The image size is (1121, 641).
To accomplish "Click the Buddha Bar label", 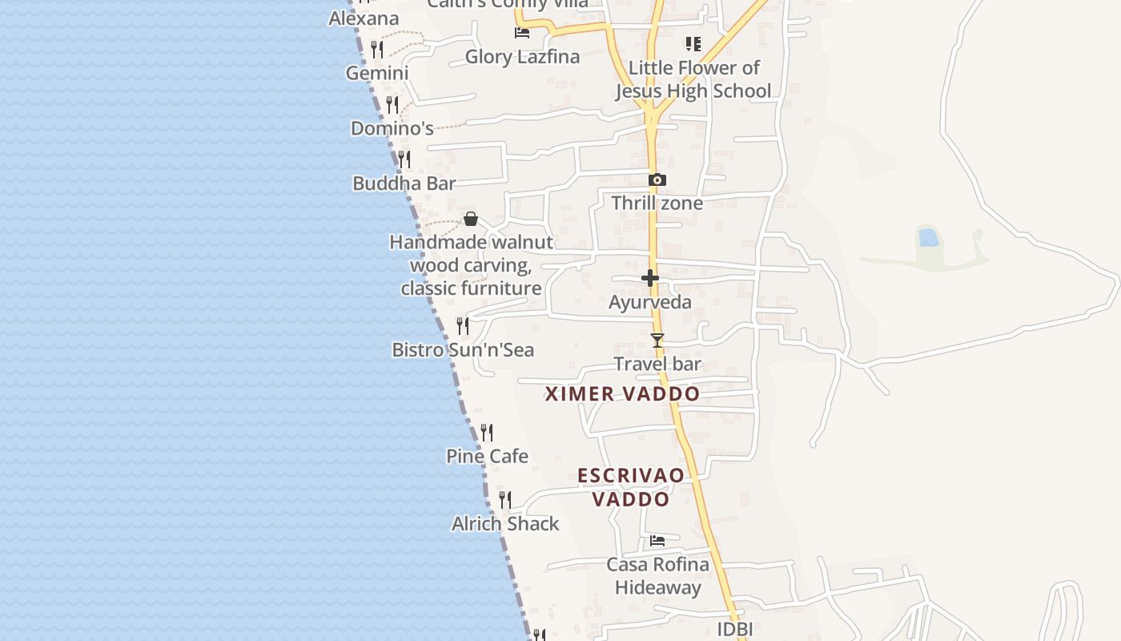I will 404,183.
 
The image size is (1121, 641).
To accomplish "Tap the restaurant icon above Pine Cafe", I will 486,433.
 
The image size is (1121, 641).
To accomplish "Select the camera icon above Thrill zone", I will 657,180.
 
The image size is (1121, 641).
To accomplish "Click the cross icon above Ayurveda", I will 650,279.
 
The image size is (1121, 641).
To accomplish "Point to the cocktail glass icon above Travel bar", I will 657,341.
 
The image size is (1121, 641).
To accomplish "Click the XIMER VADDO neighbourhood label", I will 622,394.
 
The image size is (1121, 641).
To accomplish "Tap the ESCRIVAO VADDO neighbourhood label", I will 631,487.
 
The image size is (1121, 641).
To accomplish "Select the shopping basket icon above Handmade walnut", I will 471,219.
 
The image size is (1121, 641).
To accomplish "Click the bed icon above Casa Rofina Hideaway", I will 657,541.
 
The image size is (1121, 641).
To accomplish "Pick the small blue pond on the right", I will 929,238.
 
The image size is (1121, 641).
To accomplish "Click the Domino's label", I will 392,128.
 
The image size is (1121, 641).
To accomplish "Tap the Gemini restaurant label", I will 377,73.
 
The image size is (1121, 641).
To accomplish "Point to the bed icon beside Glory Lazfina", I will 522,33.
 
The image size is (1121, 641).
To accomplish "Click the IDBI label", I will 734,629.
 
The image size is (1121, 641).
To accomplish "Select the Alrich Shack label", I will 505,524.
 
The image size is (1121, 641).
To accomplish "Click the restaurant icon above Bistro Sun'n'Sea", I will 463,325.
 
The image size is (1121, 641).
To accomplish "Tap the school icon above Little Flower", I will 693,44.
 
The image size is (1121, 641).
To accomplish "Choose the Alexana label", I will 364,18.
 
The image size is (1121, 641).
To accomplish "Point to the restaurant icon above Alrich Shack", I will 505,500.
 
